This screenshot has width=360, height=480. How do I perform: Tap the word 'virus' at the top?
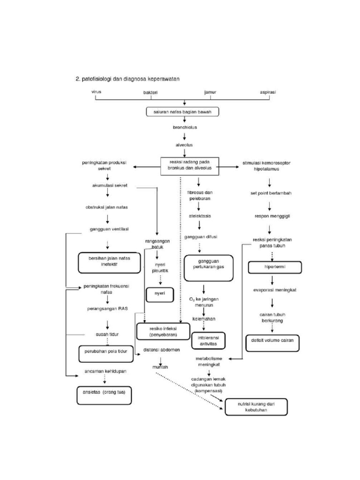[x=96, y=92]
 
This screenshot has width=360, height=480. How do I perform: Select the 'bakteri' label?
[x=150, y=93]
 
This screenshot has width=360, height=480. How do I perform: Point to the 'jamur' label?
[x=210, y=92]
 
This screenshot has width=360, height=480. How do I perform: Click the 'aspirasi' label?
[x=268, y=92]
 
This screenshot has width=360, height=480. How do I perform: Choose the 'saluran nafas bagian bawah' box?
[x=182, y=112]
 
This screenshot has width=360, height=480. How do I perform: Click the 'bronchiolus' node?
[x=184, y=127]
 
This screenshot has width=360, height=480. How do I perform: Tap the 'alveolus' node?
[x=184, y=145]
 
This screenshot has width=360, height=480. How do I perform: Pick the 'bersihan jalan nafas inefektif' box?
[x=109, y=262]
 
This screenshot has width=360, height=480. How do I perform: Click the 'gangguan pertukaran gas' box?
[x=209, y=268]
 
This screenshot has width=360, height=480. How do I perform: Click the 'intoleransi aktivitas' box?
[x=208, y=341]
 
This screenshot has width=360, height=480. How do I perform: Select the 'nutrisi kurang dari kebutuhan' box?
[x=255, y=406]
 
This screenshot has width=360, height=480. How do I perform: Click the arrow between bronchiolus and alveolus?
[x=184, y=136]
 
